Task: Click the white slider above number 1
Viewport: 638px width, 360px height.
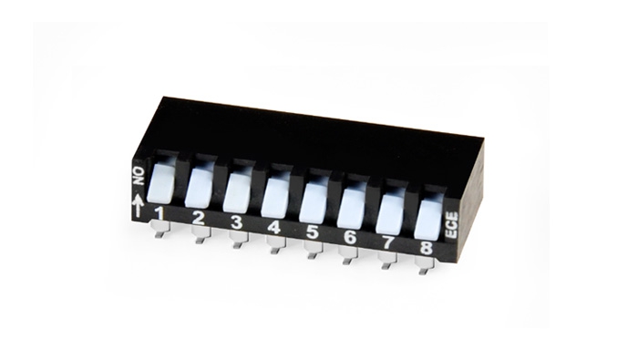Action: point(160,183)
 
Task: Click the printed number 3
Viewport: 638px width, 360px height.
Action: point(236,222)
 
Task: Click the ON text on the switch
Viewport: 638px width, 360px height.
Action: point(139,174)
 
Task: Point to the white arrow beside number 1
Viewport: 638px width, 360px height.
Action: point(139,207)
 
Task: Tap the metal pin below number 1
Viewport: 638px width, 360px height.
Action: point(160,233)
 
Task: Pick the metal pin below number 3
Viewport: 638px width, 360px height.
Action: point(237,242)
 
